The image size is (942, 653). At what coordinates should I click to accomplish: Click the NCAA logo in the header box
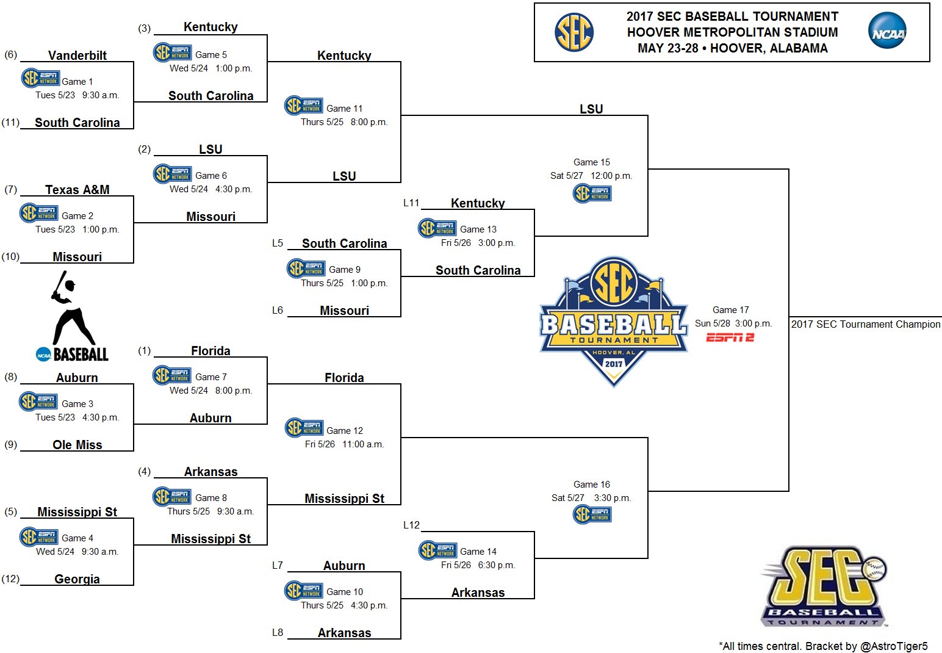pos(887,32)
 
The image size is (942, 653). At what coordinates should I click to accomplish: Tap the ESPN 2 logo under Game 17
pos(730,337)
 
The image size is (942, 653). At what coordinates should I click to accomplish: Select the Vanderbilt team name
pos(77,56)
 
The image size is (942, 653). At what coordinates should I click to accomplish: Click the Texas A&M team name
pos(77,190)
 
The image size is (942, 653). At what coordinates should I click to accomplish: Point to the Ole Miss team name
pos(77,445)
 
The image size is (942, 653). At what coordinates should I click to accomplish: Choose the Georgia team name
pos(77,579)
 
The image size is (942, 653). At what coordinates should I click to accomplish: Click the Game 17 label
pos(730,310)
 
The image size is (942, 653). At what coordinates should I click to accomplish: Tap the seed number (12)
pos(10,579)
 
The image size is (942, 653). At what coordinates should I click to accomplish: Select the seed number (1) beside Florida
pos(144,351)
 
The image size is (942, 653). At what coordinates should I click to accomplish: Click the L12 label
pos(411,525)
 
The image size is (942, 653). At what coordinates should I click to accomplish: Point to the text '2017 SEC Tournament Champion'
pos(866,325)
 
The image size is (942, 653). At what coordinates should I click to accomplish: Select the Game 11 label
pos(344,109)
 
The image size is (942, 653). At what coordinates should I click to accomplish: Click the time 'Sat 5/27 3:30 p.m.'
pos(591,498)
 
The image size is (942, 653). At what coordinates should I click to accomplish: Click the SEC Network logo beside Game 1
pos(40,79)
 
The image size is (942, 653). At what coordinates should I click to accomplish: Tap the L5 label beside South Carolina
pos(278,244)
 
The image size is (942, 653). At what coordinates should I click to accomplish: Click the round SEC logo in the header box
pos(573,32)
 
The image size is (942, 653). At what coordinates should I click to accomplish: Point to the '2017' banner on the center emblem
pos(613,364)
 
